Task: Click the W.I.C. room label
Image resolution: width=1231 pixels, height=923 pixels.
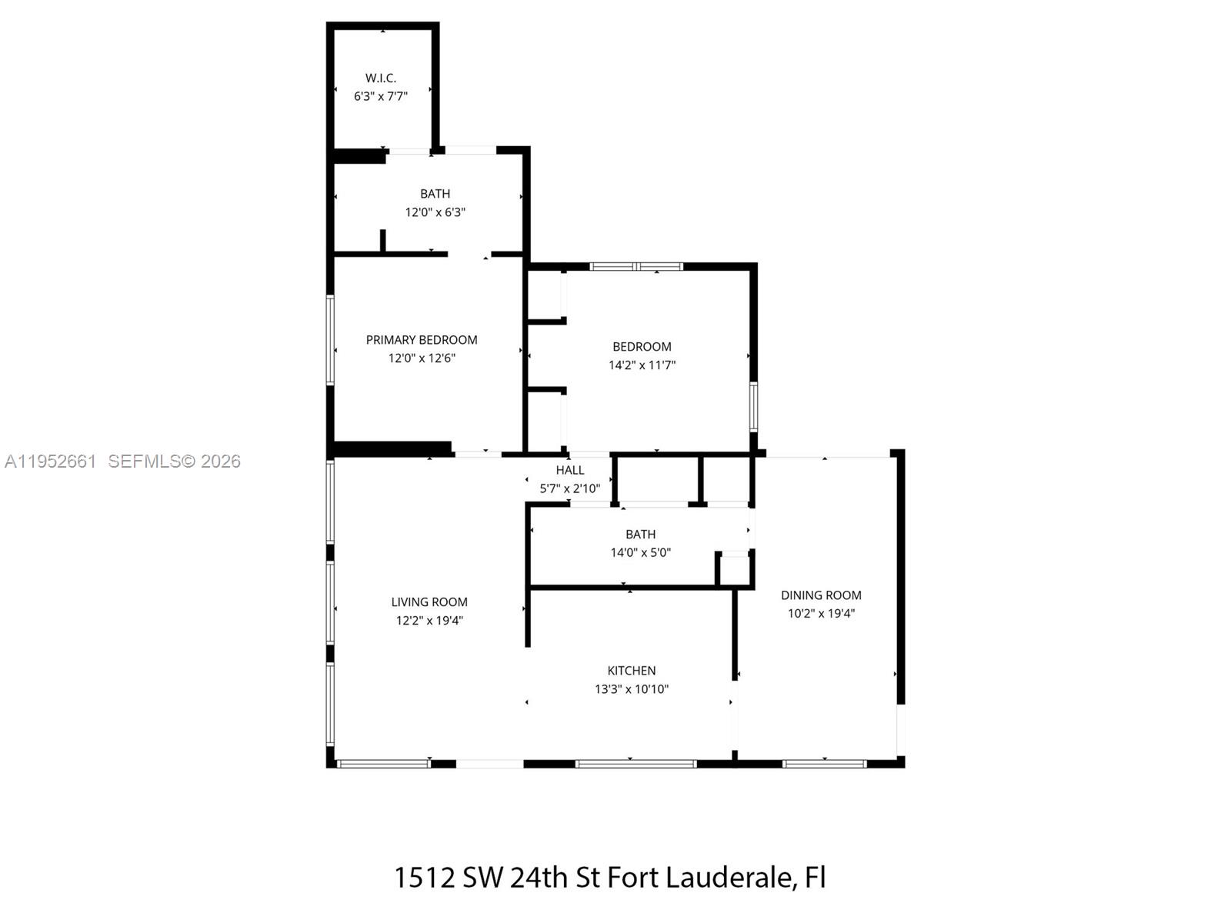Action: (380, 78)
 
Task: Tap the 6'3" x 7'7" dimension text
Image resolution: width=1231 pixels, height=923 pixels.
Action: (380, 96)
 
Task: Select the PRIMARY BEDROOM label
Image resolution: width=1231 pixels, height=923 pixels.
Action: (422, 339)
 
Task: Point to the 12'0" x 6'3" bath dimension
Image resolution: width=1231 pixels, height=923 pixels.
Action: (435, 212)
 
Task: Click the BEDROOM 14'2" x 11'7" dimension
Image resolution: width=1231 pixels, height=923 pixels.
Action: (642, 365)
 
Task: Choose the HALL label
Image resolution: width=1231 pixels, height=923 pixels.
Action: (570, 470)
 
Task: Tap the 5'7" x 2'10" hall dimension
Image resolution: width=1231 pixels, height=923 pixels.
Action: (569, 488)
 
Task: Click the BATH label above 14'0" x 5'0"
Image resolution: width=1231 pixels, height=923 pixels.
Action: (640, 534)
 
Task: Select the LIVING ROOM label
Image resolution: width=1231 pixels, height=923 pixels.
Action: (429, 602)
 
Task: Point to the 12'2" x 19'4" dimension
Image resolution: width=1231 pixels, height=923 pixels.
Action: (429, 621)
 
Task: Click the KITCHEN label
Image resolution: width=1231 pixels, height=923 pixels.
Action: (631, 671)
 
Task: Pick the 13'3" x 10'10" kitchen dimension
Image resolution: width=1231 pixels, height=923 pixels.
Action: (631, 689)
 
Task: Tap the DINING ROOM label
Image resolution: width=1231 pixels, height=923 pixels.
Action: (821, 595)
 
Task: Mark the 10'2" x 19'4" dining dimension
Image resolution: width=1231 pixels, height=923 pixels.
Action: (821, 613)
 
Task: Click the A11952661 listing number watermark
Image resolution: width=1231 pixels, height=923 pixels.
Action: (51, 461)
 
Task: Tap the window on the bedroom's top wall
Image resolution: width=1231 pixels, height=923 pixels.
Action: (636, 267)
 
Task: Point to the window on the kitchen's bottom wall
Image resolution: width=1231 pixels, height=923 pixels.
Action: (636, 764)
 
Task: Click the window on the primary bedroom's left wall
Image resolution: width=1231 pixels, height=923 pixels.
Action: (330, 339)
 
